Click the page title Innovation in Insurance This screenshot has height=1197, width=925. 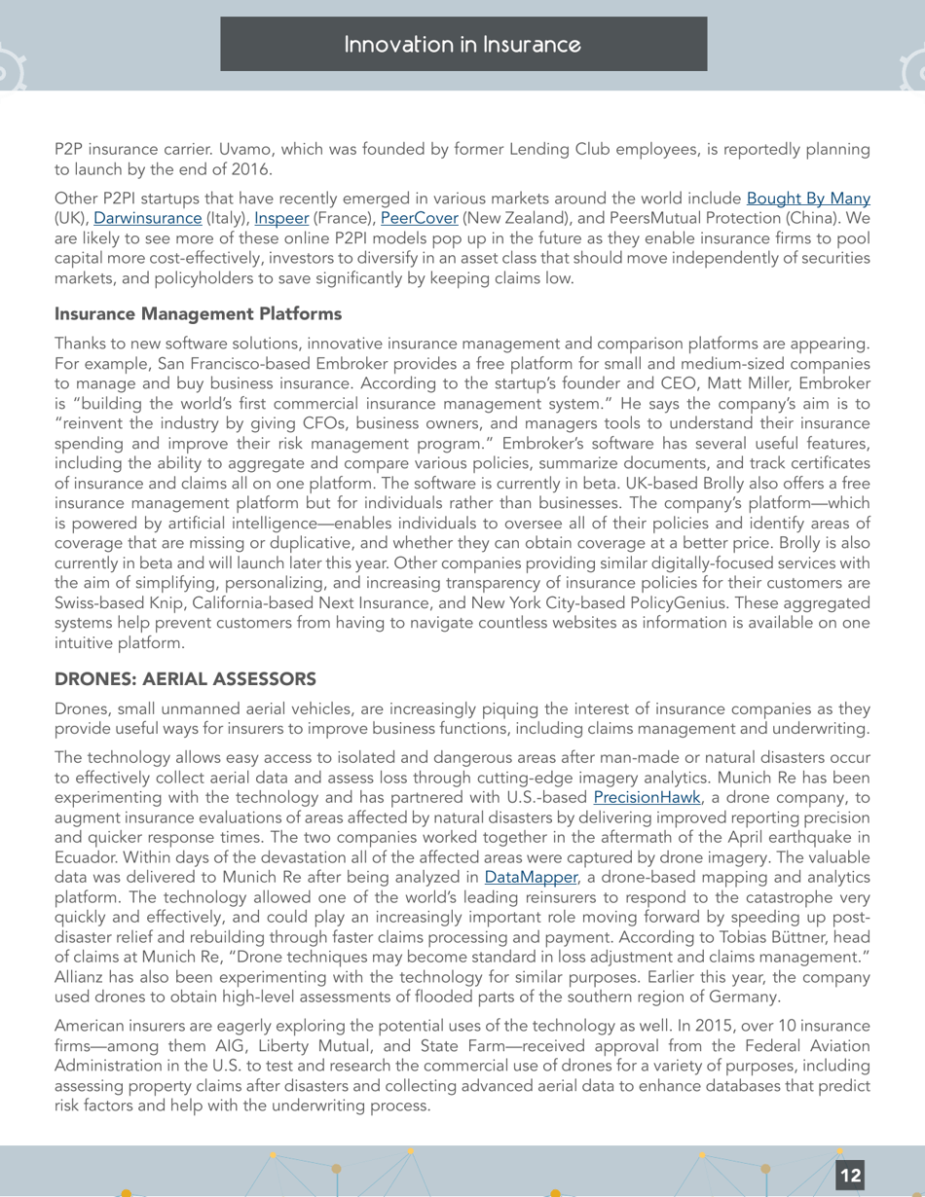pyautogui.click(x=462, y=45)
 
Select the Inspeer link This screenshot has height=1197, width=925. pyautogui.click(x=281, y=218)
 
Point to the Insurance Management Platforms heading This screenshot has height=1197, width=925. pyautogui.click(x=198, y=314)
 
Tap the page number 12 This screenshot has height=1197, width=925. pyautogui.click(x=850, y=1176)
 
